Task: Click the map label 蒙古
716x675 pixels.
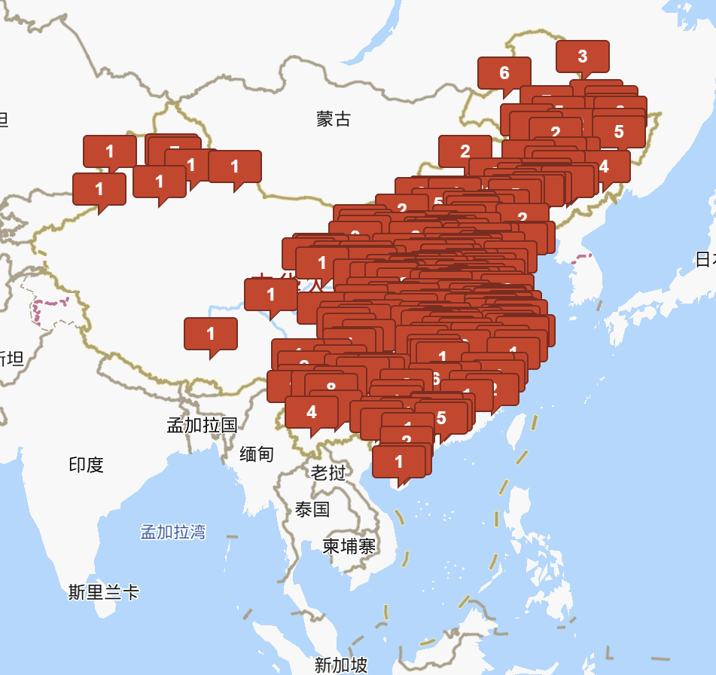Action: (334, 118)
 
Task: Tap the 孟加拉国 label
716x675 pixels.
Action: (202, 425)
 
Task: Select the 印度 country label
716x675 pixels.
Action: (86, 465)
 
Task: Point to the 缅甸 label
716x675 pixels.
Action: (257, 454)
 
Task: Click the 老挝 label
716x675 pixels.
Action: (329, 472)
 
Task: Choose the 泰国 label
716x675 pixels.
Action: (312, 509)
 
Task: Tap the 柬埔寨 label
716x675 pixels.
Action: (349, 546)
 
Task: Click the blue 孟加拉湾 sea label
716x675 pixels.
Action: (173, 532)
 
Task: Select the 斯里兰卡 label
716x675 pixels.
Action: (104, 592)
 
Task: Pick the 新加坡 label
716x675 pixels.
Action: (341, 664)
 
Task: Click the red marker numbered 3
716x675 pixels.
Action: (582, 56)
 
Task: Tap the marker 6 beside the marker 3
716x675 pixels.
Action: (504, 72)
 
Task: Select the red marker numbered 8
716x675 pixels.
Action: (331, 387)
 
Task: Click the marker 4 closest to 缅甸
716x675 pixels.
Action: (311, 412)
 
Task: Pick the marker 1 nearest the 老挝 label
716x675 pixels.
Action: (398, 461)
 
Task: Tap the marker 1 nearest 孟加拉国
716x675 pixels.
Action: (210, 333)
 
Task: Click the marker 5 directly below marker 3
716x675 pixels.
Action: (619, 131)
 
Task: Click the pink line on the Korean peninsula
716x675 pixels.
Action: (582, 258)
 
